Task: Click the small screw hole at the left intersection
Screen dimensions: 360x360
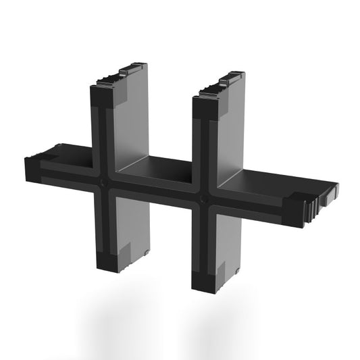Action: coord(101,182)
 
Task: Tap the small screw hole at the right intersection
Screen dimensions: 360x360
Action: coord(205,201)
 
